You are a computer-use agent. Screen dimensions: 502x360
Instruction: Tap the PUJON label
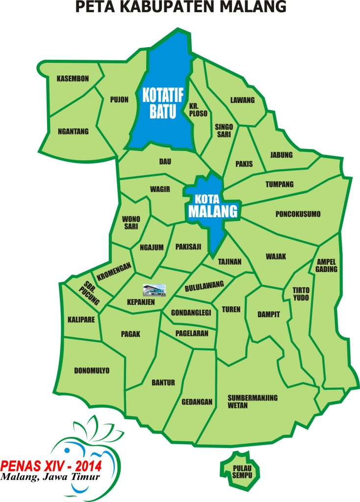tap(119, 100)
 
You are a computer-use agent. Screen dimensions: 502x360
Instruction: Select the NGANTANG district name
tap(73, 131)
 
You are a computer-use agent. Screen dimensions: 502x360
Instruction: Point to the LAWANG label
tap(242, 100)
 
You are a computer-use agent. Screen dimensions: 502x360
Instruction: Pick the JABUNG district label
tap(281, 155)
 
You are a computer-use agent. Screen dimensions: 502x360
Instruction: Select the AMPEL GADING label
tap(327, 264)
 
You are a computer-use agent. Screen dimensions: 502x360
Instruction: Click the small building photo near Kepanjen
tap(154, 290)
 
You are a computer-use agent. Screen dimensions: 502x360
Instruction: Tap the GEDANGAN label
tap(197, 402)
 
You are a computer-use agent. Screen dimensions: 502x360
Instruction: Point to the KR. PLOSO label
tap(198, 110)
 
